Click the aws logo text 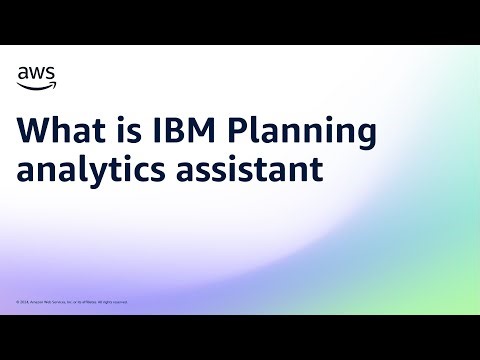(x=37, y=73)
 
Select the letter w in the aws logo (x=37, y=73)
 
